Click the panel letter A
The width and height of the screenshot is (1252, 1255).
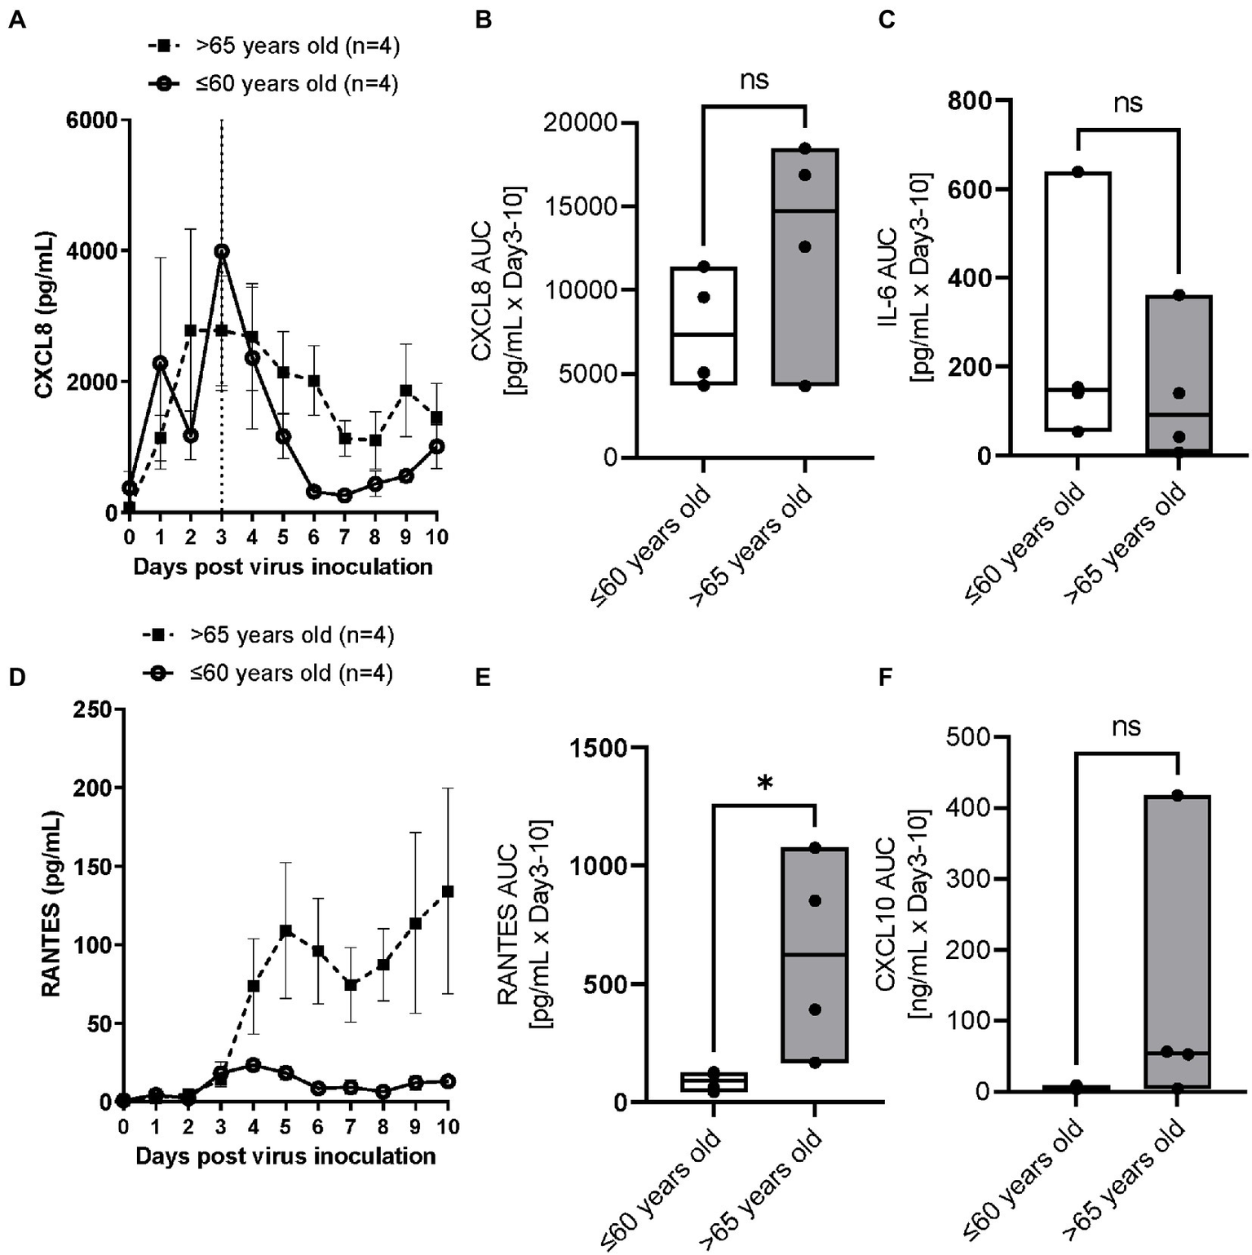point(16,20)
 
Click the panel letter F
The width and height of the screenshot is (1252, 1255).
point(886,678)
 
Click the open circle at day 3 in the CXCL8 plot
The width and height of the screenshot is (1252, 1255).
point(222,251)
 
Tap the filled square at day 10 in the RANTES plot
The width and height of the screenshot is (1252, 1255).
point(448,891)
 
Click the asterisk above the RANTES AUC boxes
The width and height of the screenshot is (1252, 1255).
point(764,784)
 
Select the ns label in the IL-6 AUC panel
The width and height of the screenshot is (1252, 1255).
point(1128,103)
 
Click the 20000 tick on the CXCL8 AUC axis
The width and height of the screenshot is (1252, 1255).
point(582,123)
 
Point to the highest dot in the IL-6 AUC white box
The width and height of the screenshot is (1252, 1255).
point(1077,172)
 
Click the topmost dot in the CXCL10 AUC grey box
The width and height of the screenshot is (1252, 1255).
point(1177,795)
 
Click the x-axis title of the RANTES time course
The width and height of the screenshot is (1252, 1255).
point(285,1156)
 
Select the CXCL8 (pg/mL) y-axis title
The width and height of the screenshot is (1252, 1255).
point(44,316)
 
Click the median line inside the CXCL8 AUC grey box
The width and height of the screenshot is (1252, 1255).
point(804,211)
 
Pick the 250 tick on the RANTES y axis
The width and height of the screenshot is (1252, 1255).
point(91,709)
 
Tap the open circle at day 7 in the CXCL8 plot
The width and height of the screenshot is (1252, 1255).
point(344,495)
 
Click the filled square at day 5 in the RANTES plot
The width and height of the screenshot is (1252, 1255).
point(285,930)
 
